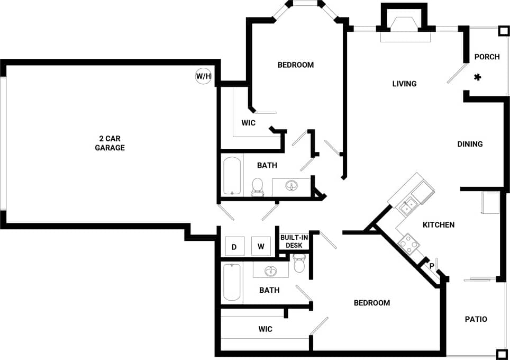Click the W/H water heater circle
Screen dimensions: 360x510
click(x=204, y=76)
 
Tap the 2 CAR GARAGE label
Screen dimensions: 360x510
click(x=110, y=143)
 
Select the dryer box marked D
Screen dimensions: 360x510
click(x=234, y=246)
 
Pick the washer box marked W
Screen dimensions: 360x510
click(x=260, y=246)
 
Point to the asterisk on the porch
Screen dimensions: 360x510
click(x=477, y=77)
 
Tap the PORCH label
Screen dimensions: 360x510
click(x=487, y=57)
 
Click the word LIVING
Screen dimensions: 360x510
click(x=404, y=84)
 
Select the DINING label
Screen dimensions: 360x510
click(x=470, y=144)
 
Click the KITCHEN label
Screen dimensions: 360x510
click(x=439, y=225)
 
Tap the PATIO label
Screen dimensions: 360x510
click(x=476, y=319)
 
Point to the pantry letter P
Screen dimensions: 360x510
click(x=432, y=266)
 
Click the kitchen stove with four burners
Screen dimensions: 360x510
click(x=408, y=244)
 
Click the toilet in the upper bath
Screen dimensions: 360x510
click(x=258, y=187)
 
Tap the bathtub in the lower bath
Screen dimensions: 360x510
click(x=231, y=283)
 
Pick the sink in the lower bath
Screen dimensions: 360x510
click(x=271, y=271)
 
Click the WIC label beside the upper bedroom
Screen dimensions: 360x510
click(x=248, y=123)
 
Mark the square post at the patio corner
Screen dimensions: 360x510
click(x=501, y=354)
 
